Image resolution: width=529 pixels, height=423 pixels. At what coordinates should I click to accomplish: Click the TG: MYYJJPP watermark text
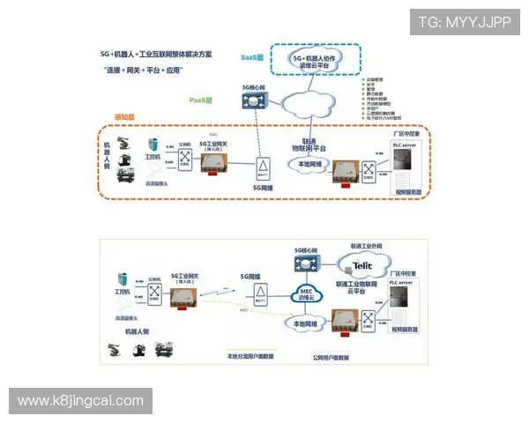(465, 22)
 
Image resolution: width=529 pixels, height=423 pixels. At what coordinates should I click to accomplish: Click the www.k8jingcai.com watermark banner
(80, 401)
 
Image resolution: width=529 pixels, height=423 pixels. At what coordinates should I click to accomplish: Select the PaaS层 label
(203, 100)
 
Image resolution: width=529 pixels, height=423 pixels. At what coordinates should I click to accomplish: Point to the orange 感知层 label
(124, 116)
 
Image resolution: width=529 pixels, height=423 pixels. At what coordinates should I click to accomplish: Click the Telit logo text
(362, 263)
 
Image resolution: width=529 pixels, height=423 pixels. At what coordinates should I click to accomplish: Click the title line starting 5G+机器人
(156, 54)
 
